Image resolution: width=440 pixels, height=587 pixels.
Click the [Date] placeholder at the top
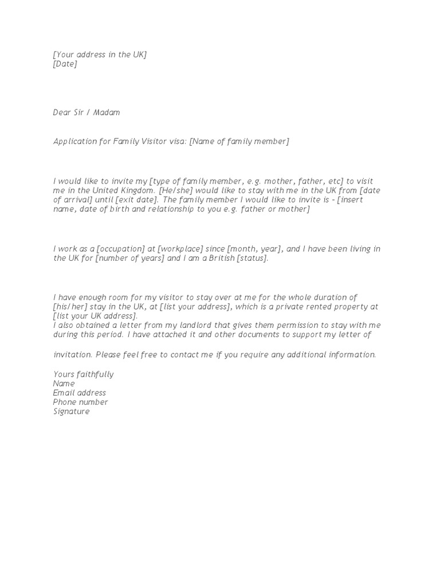click(x=65, y=64)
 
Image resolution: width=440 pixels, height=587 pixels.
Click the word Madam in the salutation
click(x=107, y=112)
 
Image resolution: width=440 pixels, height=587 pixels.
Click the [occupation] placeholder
click(x=122, y=249)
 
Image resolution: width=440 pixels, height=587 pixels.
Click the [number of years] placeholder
click(x=131, y=259)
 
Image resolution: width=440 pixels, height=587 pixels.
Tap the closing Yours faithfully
click(x=83, y=374)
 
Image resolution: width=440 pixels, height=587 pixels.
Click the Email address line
click(x=79, y=393)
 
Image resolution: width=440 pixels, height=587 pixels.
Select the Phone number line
click(x=80, y=402)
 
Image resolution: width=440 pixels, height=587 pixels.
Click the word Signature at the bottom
click(x=71, y=411)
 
